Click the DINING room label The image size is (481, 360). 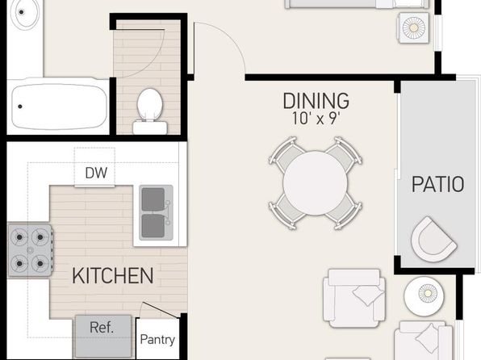[316, 101]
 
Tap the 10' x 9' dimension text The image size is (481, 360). [316, 119]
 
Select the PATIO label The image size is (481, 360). [437, 185]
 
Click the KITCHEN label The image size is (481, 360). [112, 275]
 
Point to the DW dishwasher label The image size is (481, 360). [96, 173]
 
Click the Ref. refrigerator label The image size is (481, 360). [102, 328]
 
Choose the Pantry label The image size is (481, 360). [157, 340]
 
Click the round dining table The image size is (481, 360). [315, 183]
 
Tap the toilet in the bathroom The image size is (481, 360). [150, 111]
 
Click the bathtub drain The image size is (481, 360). [20, 107]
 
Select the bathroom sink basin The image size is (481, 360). [24, 13]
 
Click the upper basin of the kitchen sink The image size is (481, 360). [153, 199]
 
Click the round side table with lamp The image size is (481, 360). [424, 296]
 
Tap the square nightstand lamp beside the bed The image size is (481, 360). [414, 28]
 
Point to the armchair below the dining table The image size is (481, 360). [354, 299]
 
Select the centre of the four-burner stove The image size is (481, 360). [30, 250]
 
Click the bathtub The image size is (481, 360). [58, 106]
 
